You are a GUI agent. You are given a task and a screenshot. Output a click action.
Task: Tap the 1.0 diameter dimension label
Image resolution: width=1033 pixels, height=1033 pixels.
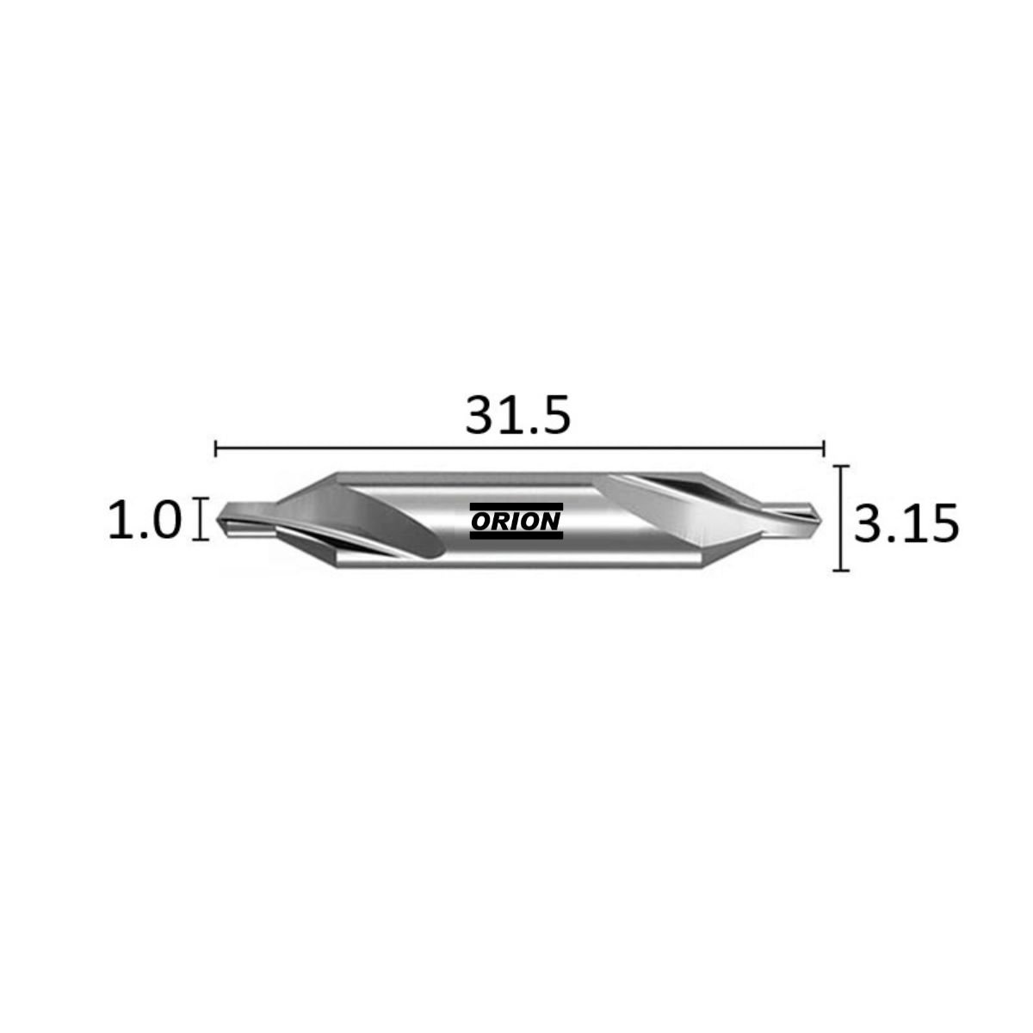pos(145,519)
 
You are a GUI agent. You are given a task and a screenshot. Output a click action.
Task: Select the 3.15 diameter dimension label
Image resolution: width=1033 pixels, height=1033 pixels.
pos(906,523)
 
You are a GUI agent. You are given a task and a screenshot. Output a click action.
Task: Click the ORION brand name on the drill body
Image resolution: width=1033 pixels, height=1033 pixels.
pos(516,521)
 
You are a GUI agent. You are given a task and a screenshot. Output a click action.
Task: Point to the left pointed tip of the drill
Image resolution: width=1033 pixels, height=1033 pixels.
pos(217,519)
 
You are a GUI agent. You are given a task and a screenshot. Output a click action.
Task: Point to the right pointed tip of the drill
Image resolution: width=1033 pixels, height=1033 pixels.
pos(821,518)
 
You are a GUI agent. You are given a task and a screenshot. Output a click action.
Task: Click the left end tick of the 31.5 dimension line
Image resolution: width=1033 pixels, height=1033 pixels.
pos(215,447)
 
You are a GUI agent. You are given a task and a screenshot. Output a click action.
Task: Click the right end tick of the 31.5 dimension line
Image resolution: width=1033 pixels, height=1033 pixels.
pos(824,447)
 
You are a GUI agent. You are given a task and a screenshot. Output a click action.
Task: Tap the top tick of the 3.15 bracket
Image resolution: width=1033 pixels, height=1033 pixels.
pos(840,467)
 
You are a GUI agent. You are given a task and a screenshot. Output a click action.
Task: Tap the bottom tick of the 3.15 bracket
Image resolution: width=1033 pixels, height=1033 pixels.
pos(840,571)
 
